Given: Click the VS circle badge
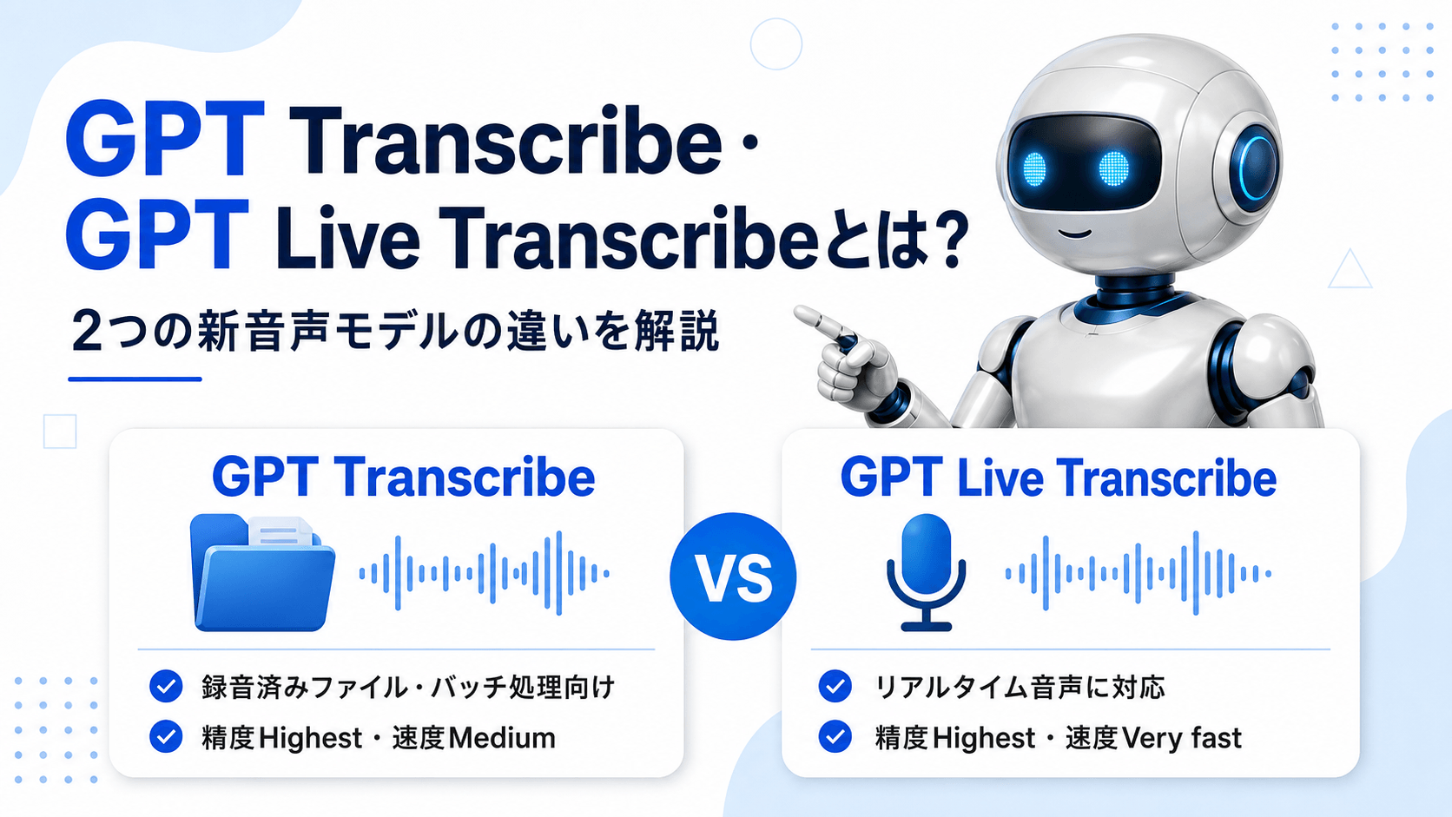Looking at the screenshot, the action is [732, 576].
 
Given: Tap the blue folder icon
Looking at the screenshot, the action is [262, 573].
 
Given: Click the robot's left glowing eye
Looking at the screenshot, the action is [1034, 168].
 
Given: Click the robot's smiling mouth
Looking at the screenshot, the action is [1075, 233].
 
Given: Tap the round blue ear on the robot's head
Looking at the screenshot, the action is [1254, 168].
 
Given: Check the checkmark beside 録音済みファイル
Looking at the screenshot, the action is [166, 686].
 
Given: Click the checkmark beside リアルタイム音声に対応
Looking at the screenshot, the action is [835, 686].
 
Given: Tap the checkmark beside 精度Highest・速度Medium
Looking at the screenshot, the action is [166, 736].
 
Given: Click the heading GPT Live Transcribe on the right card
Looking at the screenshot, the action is [1059, 478].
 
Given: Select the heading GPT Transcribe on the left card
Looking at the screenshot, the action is [403, 478].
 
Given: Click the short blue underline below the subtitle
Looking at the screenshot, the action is [135, 379].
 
